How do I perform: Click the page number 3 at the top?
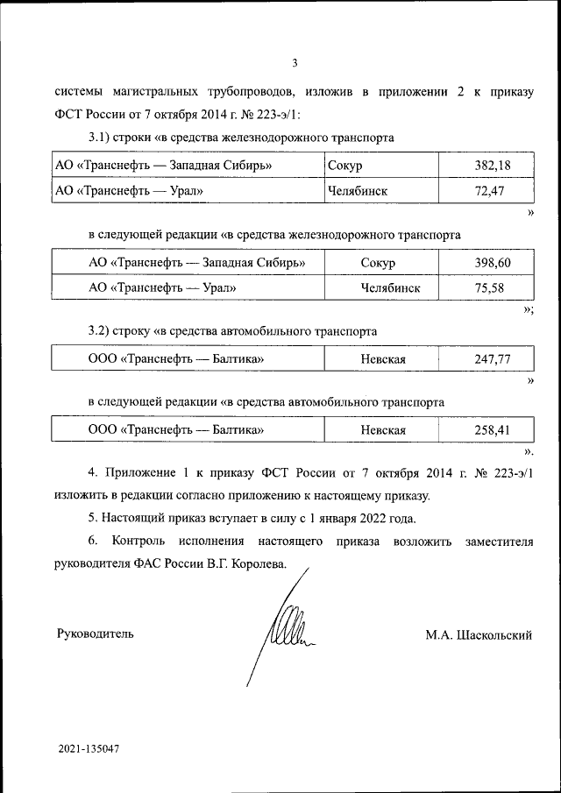click(295, 62)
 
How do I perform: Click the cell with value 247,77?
click(492, 359)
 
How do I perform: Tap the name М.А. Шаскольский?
click(479, 634)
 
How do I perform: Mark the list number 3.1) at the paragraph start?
click(102, 138)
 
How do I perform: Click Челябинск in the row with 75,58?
click(389, 287)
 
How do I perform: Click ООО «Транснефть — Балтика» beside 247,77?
click(176, 359)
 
